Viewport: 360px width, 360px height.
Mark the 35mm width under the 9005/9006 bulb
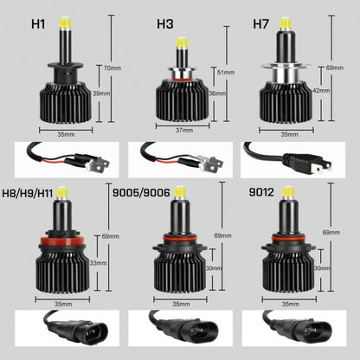pyautogui.click(x=181, y=304)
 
